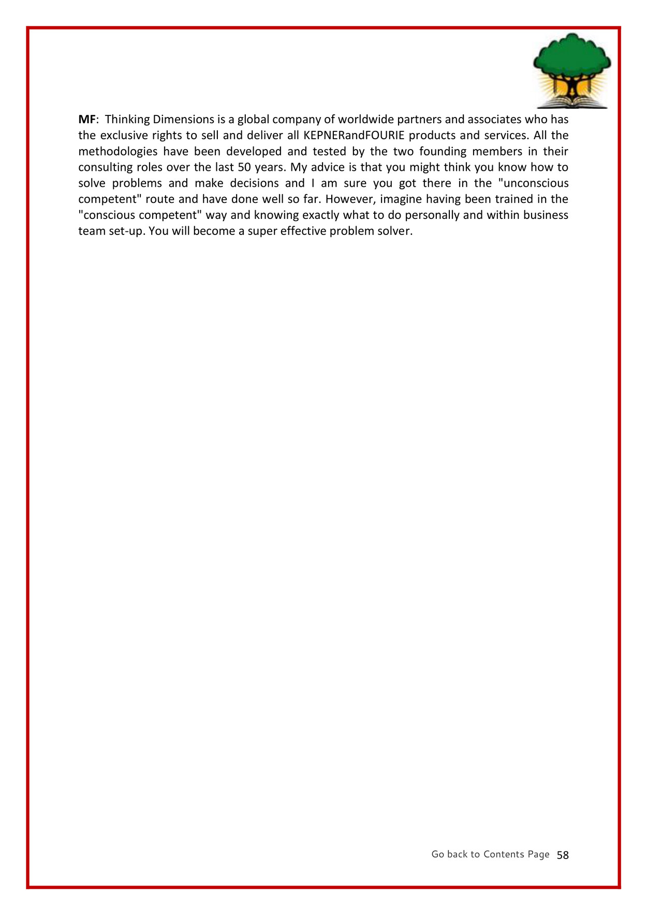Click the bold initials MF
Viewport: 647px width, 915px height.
tap(87, 120)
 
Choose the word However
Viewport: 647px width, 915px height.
tap(350, 199)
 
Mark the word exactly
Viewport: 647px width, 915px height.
tap(320, 215)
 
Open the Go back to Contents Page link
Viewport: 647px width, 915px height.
tap(490, 854)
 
